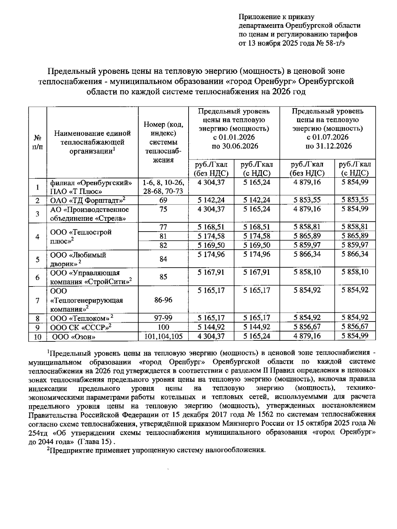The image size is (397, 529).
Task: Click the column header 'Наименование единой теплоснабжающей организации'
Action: (92, 142)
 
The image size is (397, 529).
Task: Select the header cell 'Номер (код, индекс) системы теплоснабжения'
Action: (163, 142)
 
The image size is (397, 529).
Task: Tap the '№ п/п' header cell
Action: (37, 142)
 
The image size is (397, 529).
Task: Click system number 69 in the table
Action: (163, 200)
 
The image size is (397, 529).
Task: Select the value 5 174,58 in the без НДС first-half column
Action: (211, 236)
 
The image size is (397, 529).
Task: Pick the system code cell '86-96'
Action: (163, 300)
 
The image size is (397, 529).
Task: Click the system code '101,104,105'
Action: (163, 336)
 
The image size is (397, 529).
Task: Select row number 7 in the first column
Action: (37, 300)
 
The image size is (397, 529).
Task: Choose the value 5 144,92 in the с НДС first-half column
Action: (256, 327)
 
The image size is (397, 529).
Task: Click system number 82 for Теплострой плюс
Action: (163, 245)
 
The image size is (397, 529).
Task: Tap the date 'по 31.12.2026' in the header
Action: (328, 146)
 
